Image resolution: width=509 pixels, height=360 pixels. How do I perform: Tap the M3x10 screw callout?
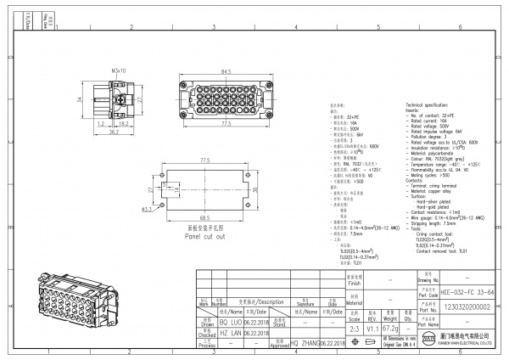coord(118,71)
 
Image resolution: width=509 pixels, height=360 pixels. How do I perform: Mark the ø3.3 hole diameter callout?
coord(148,208)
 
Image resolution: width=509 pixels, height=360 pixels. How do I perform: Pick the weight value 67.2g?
coord(389,327)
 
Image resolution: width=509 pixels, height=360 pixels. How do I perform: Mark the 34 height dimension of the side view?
coord(81,100)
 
